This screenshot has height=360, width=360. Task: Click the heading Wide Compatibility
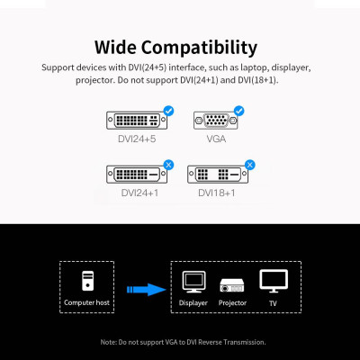[x=180, y=47]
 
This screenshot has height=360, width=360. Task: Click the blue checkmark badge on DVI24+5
[x=167, y=111]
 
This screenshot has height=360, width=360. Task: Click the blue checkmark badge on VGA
[x=238, y=111]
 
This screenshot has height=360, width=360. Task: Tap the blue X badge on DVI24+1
[x=167, y=164]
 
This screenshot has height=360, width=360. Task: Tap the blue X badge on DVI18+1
[x=249, y=164]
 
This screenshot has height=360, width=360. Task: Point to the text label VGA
[x=217, y=139]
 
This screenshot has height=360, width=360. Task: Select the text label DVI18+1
[x=217, y=193]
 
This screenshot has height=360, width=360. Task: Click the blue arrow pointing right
[x=143, y=289]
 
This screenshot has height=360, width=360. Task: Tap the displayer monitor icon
[x=193, y=283]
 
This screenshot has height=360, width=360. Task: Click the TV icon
[x=273, y=282]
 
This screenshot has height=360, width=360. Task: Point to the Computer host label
[x=87, y=303]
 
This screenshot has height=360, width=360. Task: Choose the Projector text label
[x=233, y=303]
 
